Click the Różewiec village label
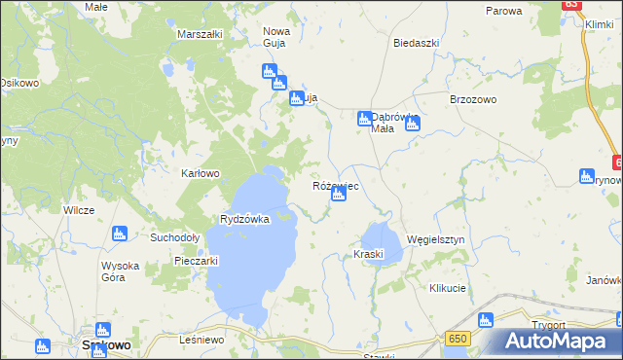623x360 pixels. click(336, 185)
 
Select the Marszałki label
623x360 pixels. click(201, 34)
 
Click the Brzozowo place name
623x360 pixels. click(473, 100)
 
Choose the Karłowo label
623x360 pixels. click(202, 174)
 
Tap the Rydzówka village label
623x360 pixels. click(244, 219)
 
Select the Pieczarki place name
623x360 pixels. click(195, 261)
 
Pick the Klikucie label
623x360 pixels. click(448, 289)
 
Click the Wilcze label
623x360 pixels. click(79, 210)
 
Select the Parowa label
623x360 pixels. click(504, 11)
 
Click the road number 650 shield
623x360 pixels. click(458, 338)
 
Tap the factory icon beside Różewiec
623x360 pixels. click(338, 195)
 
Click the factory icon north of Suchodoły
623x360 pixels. click(120, 234)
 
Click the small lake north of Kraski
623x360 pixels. click(379, 235)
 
